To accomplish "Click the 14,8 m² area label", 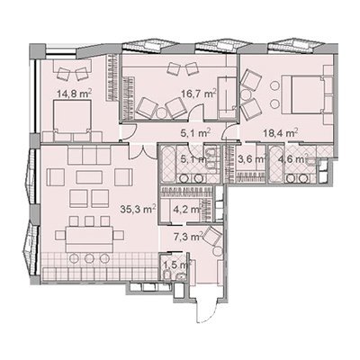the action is click(75, 94).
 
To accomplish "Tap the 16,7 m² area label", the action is click(199, 94).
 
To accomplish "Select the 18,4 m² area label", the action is click(280, 132).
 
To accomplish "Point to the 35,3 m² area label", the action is click(138, 209).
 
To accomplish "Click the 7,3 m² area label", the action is click(191, 237).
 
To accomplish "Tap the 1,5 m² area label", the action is click(177, 265).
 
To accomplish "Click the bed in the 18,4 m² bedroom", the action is click(303, 95).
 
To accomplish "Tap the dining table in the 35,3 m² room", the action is click(89, 239).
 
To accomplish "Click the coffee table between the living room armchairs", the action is click(89, 177).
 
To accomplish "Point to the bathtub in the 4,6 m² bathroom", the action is click(276, 165).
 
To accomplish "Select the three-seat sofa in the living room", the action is click(89, 156).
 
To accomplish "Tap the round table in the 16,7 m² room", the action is click(161, 113).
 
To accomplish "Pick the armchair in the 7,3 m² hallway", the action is click(212, 237).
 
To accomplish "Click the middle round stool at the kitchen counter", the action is click(89, 257).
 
